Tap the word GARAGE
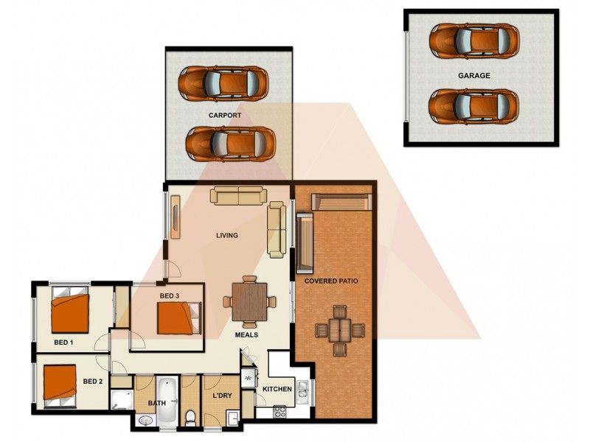click(x=473, y=75)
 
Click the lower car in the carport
click(x=229, y=142)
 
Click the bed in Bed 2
click(x=60, y=383)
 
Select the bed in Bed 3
click(x=177, y=318)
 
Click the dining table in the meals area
click(x=249, y=301)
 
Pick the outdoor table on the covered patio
click(x=339, y=329)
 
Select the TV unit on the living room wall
click(x=175, y=215)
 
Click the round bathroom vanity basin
click(x=145, y=420)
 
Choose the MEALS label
click(x=246, y=334)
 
